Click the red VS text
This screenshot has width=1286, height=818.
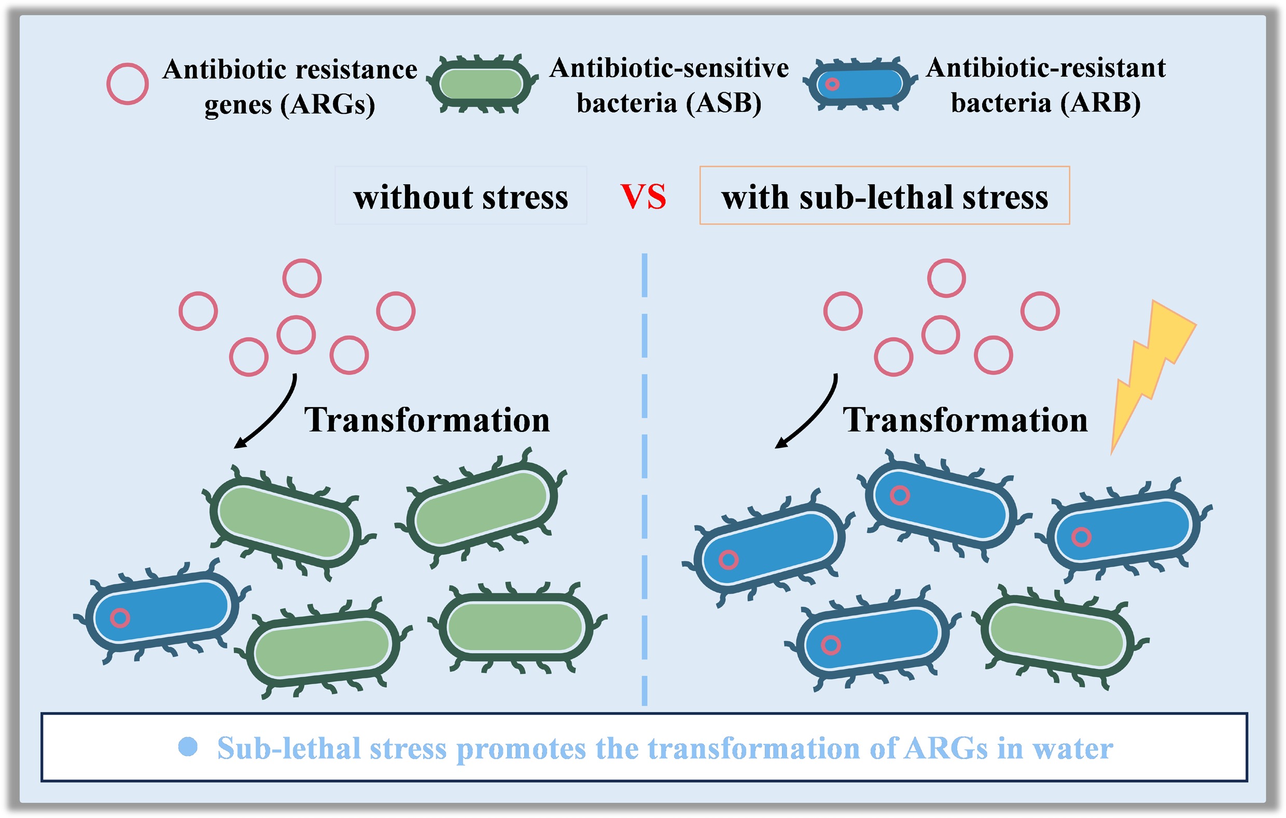(644, 197)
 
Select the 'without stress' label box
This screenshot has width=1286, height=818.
(460, 196)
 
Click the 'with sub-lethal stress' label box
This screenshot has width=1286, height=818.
(885, 196)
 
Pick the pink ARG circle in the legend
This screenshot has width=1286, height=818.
(127, 84)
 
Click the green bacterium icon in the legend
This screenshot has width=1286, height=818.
(481, 84)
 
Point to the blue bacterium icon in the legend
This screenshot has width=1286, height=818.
(859, 84)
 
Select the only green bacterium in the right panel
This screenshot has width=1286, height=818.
(1057, 636)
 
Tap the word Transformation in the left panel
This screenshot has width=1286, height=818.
(427, 420)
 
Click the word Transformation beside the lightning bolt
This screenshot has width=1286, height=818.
(965, 420)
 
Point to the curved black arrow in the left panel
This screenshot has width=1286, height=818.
(270, 414)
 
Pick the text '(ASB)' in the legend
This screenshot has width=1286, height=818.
(724, 103)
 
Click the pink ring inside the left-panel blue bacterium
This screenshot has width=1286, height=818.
(120, 618)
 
